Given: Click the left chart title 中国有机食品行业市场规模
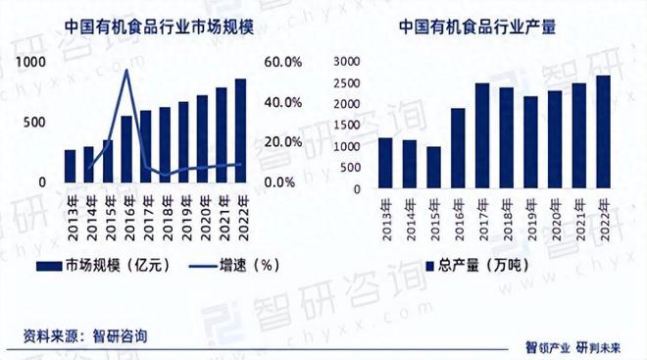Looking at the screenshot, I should [x=160, y=28].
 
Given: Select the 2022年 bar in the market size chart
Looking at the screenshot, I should [x=240, y=130].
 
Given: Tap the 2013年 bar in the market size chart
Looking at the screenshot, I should [x=70, y=166].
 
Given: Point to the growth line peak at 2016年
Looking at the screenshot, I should [x=126, y=71].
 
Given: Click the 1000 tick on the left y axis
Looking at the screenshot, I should [x=32, y=62].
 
